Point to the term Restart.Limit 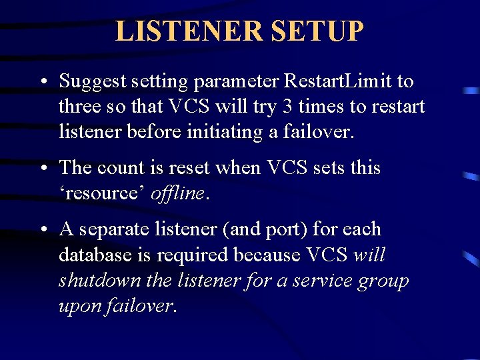tap(338, 81)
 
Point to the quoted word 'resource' tap(101, 193)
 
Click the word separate tap(114, 229)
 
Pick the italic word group tap(383, 281)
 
